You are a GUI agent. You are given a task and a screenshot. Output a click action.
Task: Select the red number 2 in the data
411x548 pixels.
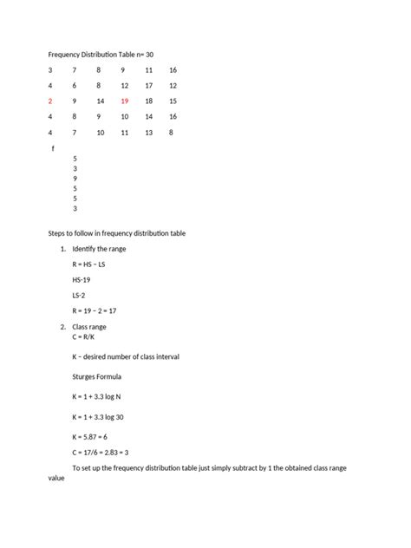coord(49,101)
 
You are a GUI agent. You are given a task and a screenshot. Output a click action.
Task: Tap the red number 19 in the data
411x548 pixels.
coord(125,101)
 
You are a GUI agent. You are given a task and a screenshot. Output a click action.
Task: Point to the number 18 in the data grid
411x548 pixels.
coord(149,101)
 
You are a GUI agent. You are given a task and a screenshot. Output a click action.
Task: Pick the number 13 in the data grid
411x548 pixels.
coord(149,132)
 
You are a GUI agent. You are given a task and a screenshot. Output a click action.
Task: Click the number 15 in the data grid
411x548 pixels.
coord(173,101)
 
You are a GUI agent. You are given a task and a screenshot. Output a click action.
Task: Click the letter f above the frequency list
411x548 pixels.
coord(53,149)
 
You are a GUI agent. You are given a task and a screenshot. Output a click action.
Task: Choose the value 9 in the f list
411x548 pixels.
coord(75,178)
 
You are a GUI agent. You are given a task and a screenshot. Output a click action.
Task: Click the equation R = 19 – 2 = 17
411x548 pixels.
coord(98,310)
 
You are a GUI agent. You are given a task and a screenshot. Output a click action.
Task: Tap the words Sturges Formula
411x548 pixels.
coord(97,376)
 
